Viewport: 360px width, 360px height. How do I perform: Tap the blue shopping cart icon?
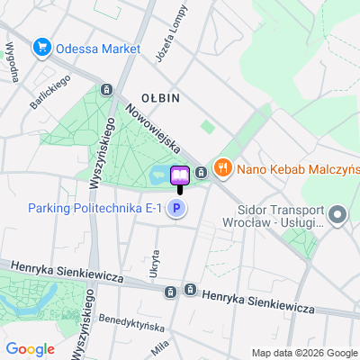click(40, 48)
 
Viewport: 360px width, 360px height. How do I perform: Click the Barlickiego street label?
click(49, 92)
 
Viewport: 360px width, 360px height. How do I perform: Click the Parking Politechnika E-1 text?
click(94, 209)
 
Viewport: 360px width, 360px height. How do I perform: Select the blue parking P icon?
click(177, 210)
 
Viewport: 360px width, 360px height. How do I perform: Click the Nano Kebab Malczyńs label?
click(297, 167)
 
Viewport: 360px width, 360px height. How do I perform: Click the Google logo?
click(30, 348)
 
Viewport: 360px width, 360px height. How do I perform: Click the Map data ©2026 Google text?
click(304, 352)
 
